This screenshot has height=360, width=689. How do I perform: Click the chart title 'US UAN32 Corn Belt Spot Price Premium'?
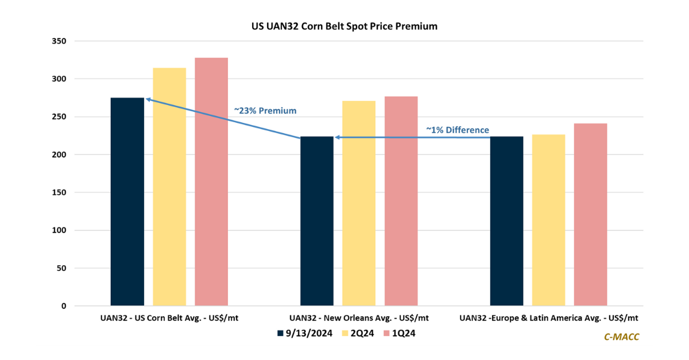344,26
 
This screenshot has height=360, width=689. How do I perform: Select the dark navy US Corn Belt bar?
127,202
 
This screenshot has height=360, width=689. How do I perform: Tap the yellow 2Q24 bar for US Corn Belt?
169,187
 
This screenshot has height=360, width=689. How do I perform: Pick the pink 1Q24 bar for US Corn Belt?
211,181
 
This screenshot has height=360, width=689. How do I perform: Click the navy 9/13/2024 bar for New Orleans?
317,220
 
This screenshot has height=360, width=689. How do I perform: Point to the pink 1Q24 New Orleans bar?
401,201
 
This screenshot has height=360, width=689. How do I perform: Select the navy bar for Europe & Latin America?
506,220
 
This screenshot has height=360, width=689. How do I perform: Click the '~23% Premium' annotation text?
265,110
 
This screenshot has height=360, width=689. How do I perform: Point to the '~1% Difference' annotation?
458,130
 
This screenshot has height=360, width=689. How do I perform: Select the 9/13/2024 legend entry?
305,333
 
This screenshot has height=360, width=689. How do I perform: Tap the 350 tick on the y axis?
59,41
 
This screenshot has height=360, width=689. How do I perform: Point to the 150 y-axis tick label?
59,192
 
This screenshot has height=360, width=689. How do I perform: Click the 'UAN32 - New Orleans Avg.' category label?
359,318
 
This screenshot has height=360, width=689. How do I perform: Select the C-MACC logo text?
621,337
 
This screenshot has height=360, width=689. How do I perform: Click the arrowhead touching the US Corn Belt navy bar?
148,99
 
